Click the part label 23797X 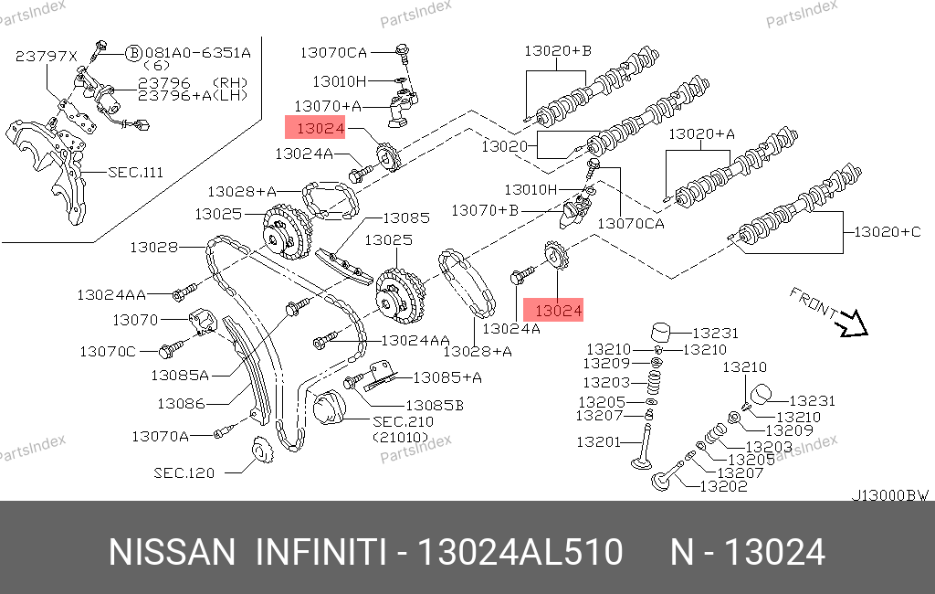point(46,56)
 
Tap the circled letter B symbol point(134,53)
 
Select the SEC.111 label point(135,173)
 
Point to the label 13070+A point(328,106)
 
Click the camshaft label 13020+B point(558,51)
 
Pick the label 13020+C point(888,231)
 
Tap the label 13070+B point(485,210)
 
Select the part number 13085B point(435,406)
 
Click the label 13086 point(182,404)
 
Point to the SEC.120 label point(184,472)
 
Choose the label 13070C point(108,352)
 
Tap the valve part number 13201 point(599,442)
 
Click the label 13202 point(723,486)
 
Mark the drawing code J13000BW point(889,495)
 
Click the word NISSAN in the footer point(173,552)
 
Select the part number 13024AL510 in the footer point(520,552)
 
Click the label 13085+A point(447,377)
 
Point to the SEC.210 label point(403,421)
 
